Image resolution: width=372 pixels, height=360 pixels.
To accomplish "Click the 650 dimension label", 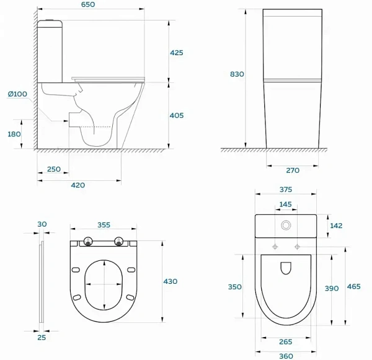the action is (x=88, y=4).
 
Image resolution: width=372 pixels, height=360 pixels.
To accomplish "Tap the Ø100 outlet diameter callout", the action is (x=17, y=94).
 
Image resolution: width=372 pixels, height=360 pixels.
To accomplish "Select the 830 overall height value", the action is (x=237, y=74).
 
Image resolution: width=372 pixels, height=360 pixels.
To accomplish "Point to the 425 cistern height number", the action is (x=177, y=53).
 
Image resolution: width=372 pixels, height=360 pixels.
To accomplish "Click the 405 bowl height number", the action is (x=177, y=115).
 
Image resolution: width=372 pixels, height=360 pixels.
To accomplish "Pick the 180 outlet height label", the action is (x=14, y=134).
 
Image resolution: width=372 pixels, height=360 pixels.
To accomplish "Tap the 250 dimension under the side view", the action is (x=54, y=169).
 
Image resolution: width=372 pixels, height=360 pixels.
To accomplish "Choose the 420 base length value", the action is (x=78, y=185).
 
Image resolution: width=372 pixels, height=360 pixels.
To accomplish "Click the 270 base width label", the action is (x=293, y=170).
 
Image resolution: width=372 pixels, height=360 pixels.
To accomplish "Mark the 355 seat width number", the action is (x=104, y=225).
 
